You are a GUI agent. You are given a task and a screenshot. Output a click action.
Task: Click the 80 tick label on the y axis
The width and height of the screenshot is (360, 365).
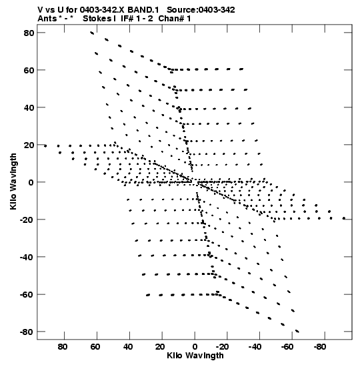29,33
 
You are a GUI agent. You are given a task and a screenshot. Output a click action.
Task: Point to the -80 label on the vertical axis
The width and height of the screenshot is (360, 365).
27,332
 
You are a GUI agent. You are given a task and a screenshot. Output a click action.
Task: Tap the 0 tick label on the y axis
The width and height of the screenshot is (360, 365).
31,182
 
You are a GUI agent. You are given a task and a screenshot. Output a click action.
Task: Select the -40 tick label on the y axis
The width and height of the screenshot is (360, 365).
27,257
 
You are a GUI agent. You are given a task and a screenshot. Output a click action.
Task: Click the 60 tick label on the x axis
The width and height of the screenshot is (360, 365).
95,347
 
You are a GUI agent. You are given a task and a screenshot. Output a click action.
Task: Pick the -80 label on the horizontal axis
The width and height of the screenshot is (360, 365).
319,347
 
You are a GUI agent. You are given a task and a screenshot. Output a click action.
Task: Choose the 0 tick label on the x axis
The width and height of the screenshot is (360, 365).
195,347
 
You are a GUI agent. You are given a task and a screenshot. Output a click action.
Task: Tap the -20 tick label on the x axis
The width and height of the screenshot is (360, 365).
222,347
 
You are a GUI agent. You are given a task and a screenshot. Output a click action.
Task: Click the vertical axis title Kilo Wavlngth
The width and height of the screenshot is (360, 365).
13,181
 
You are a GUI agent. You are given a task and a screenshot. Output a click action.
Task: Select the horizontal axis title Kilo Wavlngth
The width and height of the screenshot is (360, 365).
195,356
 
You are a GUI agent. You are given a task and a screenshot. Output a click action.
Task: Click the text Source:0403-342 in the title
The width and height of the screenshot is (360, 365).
201,10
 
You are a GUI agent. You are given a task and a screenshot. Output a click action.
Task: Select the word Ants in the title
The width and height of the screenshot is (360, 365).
47,19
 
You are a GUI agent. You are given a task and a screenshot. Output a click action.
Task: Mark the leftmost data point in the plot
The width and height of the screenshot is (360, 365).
45,146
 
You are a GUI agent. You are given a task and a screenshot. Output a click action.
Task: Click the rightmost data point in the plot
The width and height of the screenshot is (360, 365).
344,218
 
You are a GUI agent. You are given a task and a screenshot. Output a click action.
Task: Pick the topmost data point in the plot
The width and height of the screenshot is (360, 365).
92,33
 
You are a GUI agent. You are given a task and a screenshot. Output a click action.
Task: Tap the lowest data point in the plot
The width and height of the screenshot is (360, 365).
297,331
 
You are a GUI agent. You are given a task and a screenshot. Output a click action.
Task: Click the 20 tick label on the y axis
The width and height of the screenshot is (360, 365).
29,145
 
